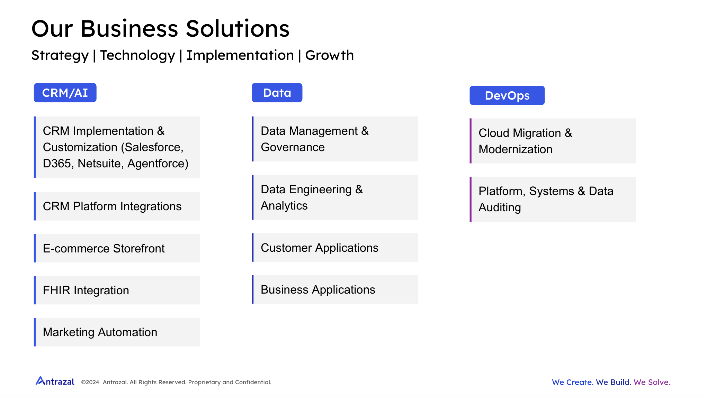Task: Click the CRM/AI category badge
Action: (x=65, y=93)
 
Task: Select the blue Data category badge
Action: (x=277, y=93)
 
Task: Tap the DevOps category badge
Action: (x=507, y=95)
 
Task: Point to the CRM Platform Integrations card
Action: (x=117, y=206)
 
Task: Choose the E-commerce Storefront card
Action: (x=117, y=248)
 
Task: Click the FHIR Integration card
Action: (x=117, y=290)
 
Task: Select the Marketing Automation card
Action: (x=117, y=332)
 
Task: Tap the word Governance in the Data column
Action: (x=293, y=147)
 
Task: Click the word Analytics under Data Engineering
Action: (x=284, y=206)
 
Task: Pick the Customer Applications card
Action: (x=335, y=248)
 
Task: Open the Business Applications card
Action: (x=335, y=289)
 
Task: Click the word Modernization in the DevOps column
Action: (x=516, y=149)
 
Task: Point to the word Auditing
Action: (x=500, y=207)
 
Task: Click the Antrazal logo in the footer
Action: (x=55, y=381)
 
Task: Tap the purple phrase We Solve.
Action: (x=652, y=382)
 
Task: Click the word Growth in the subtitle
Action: (x=330, y=55)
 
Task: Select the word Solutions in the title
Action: (x=238, y=28)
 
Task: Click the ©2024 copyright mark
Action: (x=90, y=382)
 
